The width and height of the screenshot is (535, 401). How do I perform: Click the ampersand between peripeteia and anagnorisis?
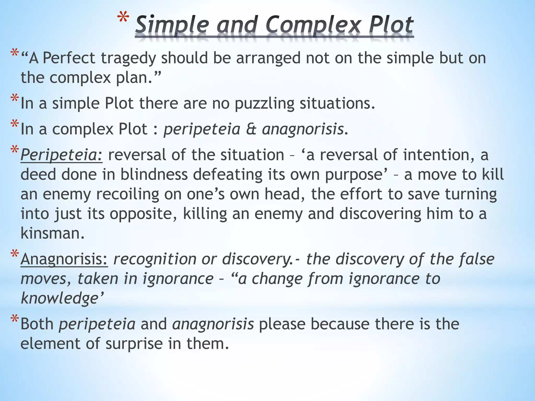click(251, 129)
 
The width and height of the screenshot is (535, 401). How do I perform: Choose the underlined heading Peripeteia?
click(62, 155)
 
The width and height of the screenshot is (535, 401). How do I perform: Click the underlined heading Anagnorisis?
click(64, 259)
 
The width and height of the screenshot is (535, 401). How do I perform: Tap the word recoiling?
click(128, 194)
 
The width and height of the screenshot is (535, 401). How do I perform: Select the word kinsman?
click(53, 233)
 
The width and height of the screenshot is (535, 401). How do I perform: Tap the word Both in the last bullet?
click(37, 324)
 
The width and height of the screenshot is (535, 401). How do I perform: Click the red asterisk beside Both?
click(15, 320)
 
